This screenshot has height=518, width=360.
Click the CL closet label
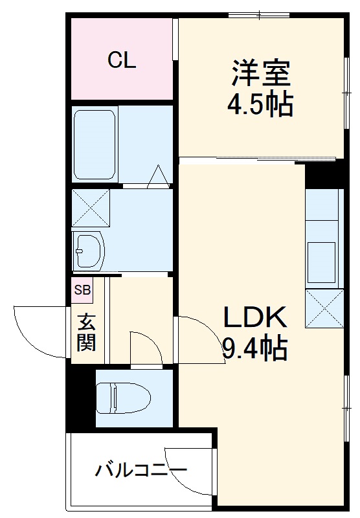122,61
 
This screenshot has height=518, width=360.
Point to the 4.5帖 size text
259,104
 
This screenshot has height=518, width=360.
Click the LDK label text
254,318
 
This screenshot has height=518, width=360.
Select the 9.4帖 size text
254,350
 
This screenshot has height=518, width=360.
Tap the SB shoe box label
82,290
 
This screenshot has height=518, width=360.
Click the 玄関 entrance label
86,332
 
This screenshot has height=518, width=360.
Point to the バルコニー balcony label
141,469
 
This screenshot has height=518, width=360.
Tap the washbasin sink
89,248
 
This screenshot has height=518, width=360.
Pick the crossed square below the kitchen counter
324,309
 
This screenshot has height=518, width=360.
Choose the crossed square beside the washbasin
90,207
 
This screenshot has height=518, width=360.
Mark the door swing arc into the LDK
198,335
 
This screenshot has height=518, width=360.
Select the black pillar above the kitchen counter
324,174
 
